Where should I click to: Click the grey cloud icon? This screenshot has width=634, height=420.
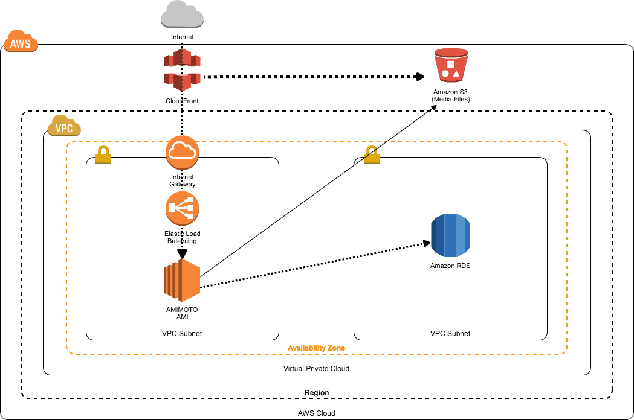click(182, 15)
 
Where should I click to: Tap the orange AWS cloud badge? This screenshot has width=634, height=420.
click(21, 42)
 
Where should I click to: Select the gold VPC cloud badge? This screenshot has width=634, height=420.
click(64, 126)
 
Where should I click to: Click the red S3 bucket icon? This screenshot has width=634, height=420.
click(451, 65)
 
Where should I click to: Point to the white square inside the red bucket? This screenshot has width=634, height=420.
click(451, 63)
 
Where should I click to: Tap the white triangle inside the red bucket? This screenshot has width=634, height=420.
click(456, 74)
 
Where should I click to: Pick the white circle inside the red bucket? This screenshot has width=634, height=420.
click(445, 74)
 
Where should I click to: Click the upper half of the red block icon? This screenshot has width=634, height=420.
click(182, 58)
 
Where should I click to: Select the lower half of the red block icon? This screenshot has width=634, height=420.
click(182, 81)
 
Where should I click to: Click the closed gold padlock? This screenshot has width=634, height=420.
click(103, 156)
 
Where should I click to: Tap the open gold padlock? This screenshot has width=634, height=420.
click(372, 156)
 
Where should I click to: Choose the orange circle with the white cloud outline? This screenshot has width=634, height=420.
click(182, 152)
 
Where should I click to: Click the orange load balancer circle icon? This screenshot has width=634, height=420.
click(182, 208)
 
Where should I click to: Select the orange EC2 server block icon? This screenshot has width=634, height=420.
click(182, 280)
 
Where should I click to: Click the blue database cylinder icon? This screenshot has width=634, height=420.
click(450, 235)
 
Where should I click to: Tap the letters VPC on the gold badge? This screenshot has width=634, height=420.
click(64, 129)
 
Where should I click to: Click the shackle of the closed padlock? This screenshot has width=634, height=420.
click(103, 149)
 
